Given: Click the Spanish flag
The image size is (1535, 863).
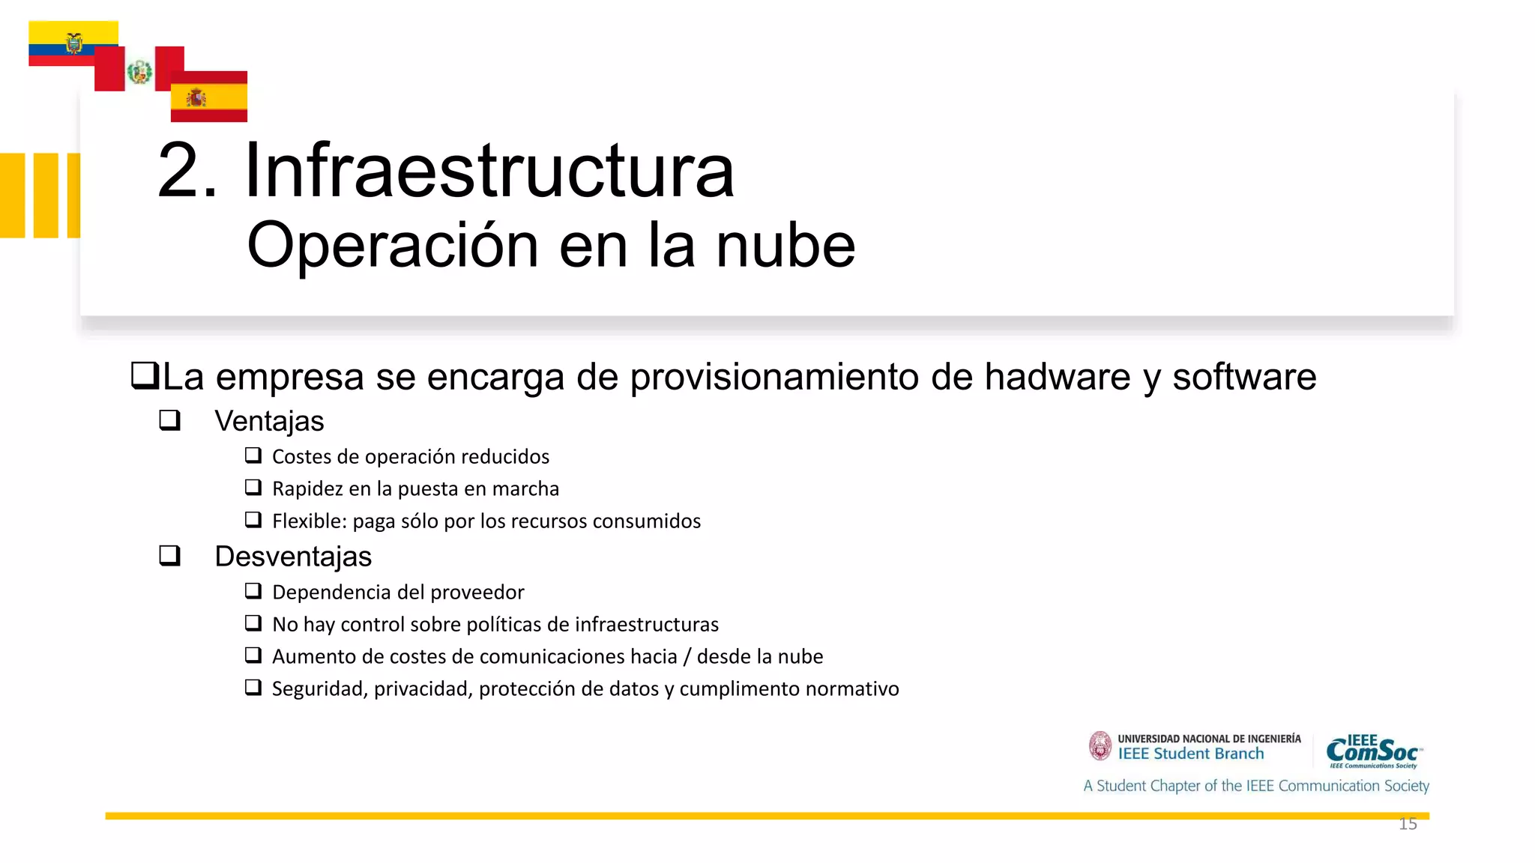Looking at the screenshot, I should tap(208, 97).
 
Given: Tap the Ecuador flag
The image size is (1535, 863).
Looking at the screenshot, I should tap(73, 43).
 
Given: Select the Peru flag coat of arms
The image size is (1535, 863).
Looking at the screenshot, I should tap(139, 72).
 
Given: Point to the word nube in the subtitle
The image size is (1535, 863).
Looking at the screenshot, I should tap(785, 246).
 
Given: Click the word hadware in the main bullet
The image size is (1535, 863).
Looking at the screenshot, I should tap(1057, 377).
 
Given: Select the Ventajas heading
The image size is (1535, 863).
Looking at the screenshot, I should tap(269, 421).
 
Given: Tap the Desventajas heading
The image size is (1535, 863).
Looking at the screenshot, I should tap(293, 557).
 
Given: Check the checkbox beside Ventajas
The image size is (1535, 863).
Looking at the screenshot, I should tap(170, 420).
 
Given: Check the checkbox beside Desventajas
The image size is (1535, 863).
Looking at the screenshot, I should tap(170, 555).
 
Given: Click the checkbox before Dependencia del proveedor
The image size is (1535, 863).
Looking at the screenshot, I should tap(253, 591).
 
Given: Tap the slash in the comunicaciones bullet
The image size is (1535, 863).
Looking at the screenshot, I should tap(687, 656).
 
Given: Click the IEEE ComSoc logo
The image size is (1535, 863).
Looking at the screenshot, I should tap(1373, 751).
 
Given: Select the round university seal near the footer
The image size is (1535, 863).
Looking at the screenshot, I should tap(1100, 746).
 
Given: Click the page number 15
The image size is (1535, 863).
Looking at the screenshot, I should tap(1408, 824).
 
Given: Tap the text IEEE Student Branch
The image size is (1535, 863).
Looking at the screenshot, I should tap(1191, 754).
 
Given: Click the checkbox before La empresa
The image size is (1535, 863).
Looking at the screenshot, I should tap(144, 375).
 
